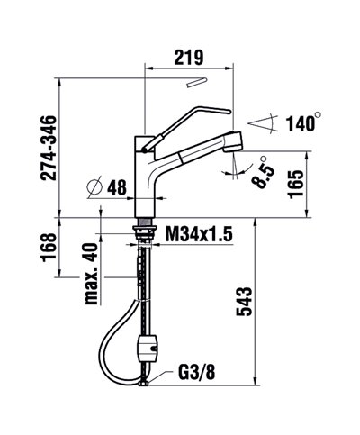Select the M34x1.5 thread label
pos(199,234)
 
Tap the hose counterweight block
pos(150,347)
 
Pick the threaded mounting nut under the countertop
pos(145,231)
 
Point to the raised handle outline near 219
pos(196,84)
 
